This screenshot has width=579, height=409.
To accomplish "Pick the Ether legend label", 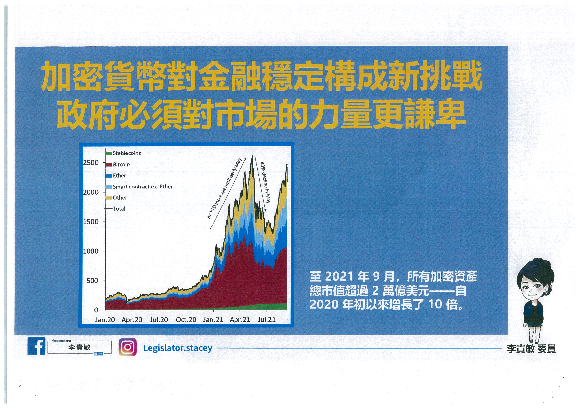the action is [x=119, y=176].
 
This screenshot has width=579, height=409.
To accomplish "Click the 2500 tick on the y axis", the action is [x=91, y=163].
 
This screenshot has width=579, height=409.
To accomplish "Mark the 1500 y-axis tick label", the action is [x=91, y=222].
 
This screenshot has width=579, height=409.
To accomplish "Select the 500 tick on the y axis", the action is [x=92, y=281].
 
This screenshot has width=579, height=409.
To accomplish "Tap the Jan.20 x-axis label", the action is [x=105, y=320].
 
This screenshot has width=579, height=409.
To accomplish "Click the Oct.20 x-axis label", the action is [x=186, y=320].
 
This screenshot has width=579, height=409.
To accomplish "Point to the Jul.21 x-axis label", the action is [x=267, y=320].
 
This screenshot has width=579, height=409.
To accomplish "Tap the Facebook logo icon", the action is [x=37, y=346].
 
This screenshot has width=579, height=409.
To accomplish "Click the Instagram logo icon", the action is [x=128, y=347].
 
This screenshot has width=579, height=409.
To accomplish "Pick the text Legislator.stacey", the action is [x=178, y=348].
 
